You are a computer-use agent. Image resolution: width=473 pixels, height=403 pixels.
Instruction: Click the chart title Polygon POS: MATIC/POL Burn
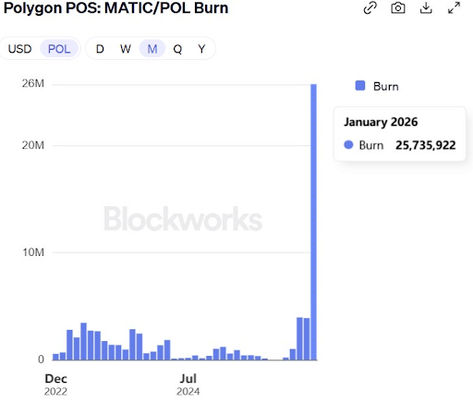116,8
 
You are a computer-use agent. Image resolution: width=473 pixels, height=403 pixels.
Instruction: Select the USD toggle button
19,49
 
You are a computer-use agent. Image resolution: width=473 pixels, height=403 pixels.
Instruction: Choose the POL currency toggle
59,49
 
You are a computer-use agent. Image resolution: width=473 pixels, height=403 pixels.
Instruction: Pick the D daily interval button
100,49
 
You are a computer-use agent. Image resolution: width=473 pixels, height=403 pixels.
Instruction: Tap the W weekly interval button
125,49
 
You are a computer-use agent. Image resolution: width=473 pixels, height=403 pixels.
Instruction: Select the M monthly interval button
152,49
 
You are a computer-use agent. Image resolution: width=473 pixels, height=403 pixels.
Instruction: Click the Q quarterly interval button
177,49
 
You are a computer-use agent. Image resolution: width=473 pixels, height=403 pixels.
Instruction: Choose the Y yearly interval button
201,49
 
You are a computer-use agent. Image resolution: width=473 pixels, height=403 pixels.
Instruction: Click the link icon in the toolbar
370,8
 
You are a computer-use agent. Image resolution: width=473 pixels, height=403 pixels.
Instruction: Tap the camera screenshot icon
397,8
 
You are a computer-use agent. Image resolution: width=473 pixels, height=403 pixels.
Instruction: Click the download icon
426,8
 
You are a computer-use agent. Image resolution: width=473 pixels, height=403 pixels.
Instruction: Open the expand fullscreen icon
454,8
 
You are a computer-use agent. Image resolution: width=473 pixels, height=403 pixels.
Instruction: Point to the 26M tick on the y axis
33,84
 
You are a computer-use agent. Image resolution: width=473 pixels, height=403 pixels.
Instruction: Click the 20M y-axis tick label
33,145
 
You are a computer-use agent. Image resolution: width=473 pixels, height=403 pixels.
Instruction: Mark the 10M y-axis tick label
33,252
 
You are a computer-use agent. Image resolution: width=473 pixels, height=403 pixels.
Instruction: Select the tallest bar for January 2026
314,222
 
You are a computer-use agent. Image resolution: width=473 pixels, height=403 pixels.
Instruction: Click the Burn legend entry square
361,86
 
